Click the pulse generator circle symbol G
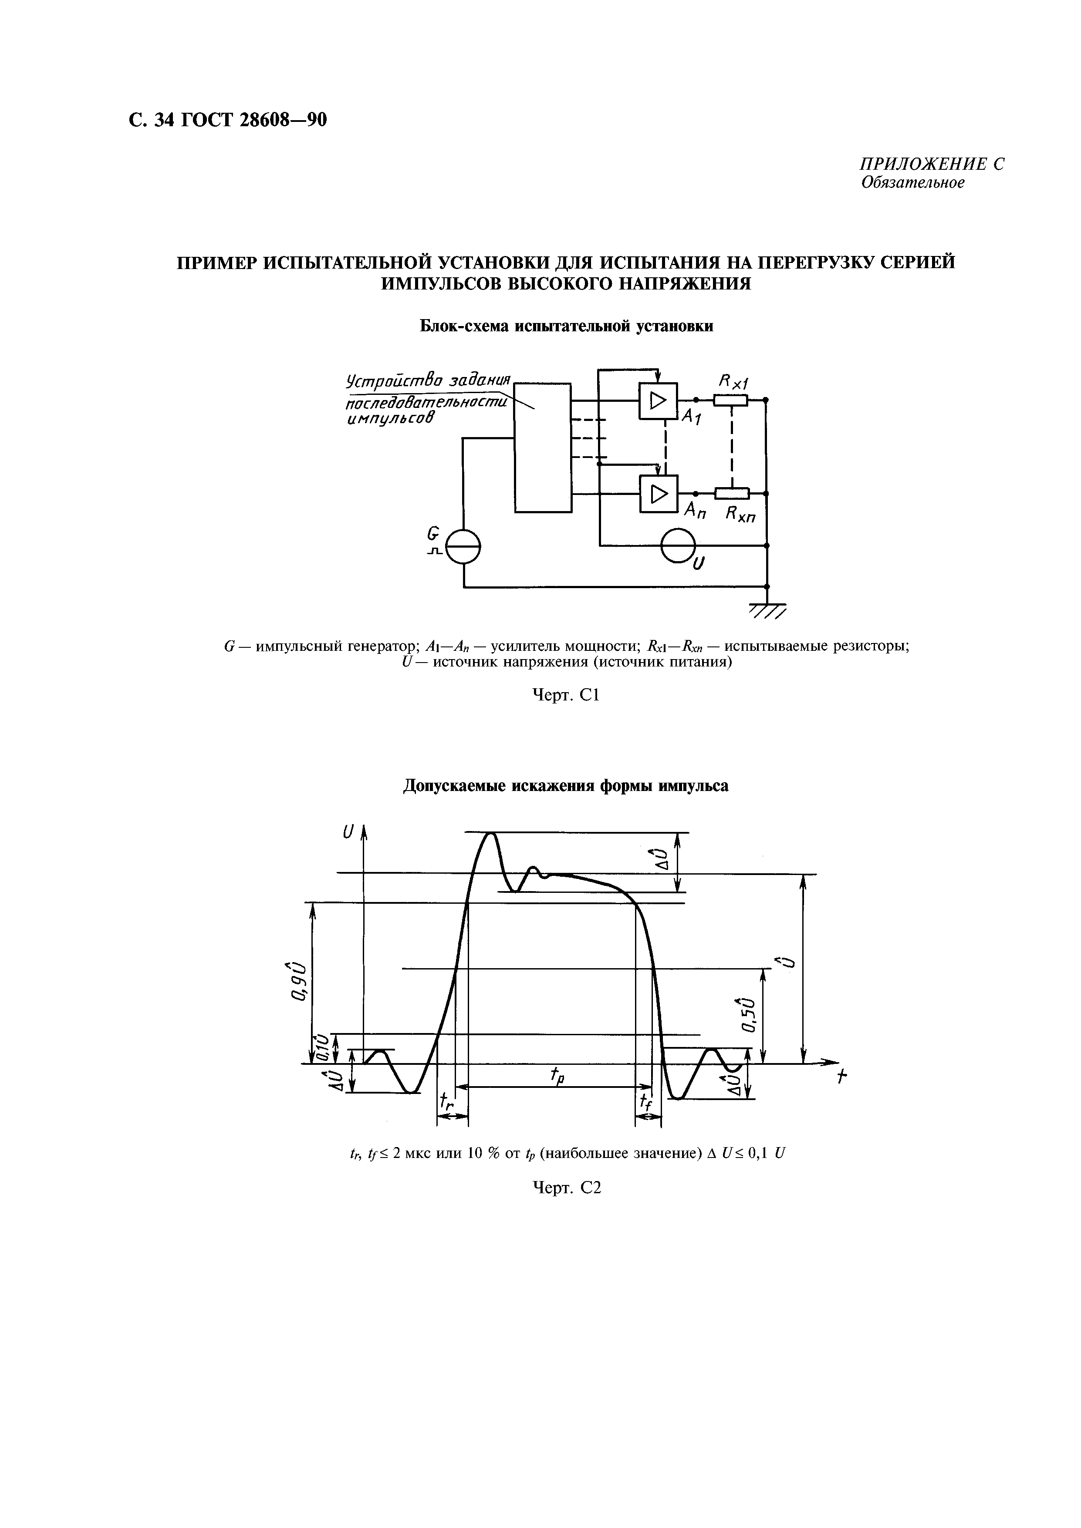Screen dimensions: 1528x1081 tap(463, 546)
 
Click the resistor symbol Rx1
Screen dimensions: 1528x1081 tap(731, 400)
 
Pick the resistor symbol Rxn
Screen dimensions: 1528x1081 tap(732, 493)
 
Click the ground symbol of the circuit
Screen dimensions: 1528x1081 tap(767, 608)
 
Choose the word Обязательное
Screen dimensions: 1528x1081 tap(912, 183)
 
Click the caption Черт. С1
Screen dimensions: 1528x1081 tap(567, 696)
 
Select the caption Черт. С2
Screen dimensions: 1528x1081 tap(567, 1188)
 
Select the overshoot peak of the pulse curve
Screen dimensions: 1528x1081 tap(491, 834)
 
